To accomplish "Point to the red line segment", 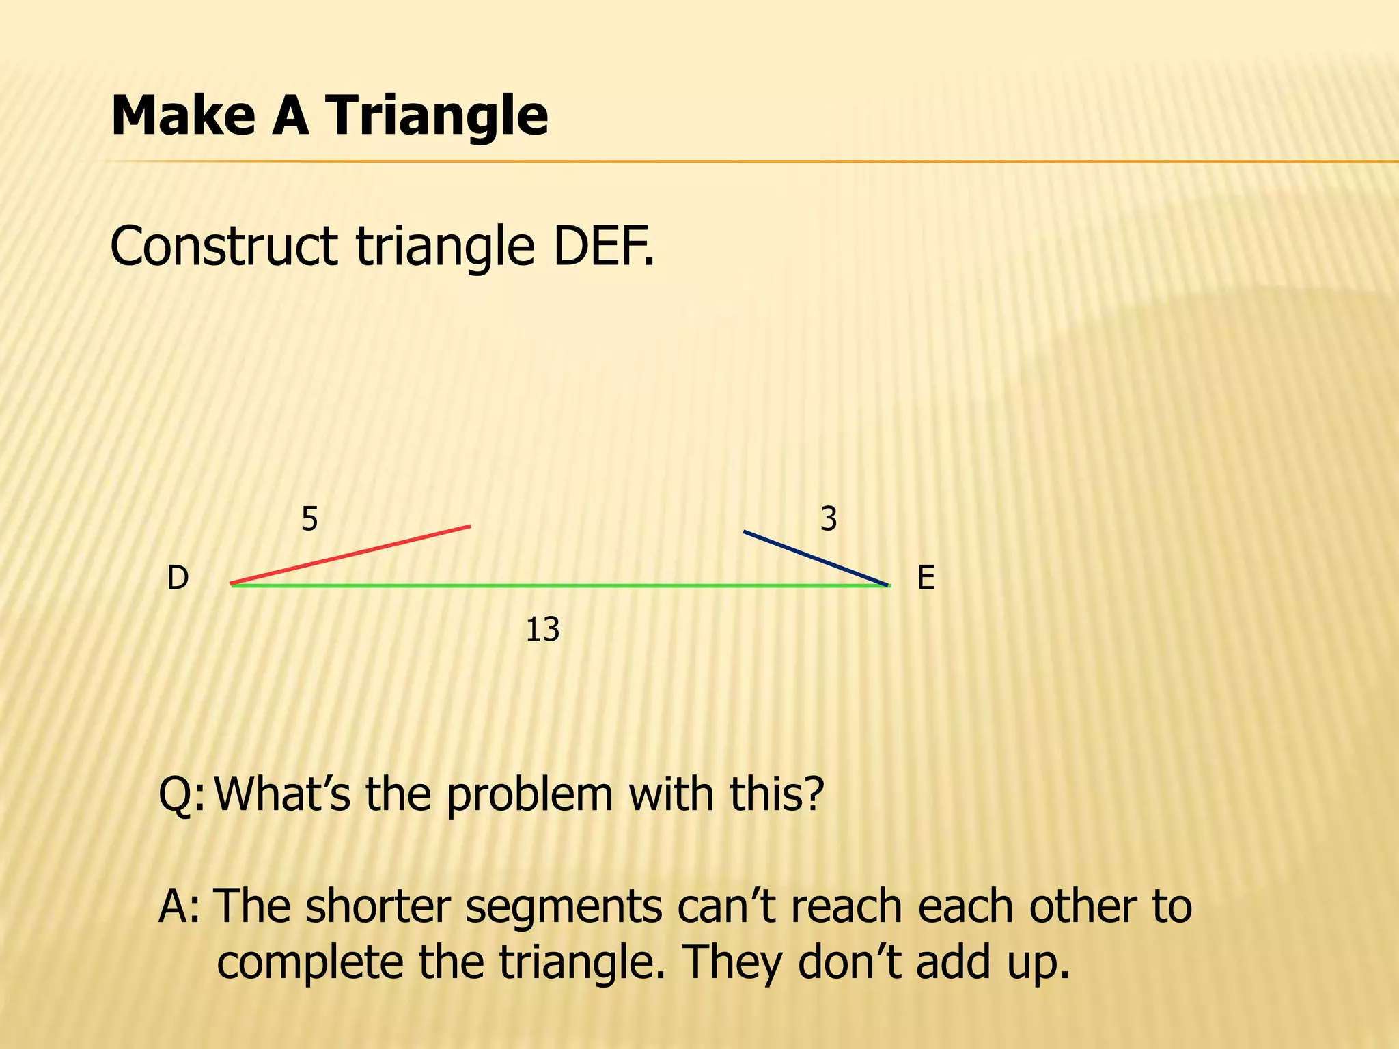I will [x=350, y=555].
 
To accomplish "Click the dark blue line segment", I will [x=816, y=558].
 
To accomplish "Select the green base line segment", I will [x=560, y=585].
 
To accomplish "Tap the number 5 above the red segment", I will [x=309, y=520].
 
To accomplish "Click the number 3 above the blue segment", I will [x=829, y=520].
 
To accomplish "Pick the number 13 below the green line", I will [x=542, y=630].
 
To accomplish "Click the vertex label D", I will [x=178, y=578].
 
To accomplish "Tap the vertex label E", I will [x=926, y=578].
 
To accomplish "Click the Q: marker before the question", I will [x=180, y=795].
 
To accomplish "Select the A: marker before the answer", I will [x=179, y=907].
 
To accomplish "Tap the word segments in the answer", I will [x=564, y=907].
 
